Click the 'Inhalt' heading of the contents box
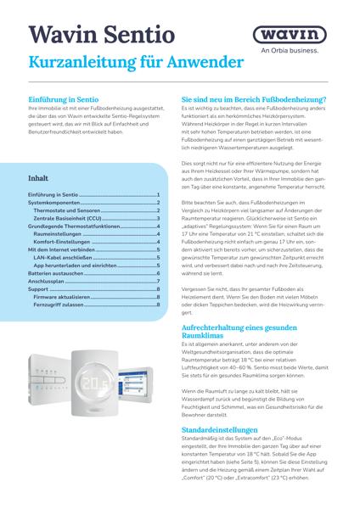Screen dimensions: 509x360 [38, 179]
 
